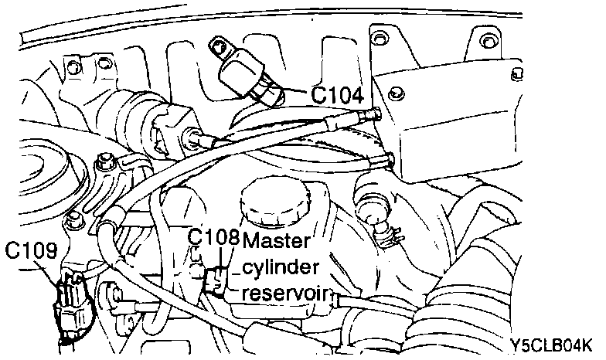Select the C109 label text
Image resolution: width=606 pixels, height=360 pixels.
[31, 251]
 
